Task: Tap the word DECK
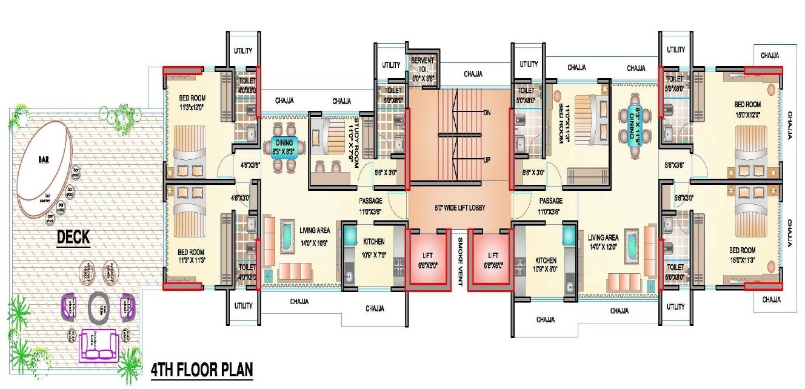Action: pyautogui.click(x=73, y=238)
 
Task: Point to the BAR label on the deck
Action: pyautogui.click(x=44, y=160)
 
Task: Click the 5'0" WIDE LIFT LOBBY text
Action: pyautogui.click(x=459, y=208)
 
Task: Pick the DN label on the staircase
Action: pyautogui.click(x=486, y=113)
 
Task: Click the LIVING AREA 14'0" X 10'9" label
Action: pyautogui.click(x=315, y=234)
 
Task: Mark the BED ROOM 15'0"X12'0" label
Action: pyautogui.click(x=747, y=108)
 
